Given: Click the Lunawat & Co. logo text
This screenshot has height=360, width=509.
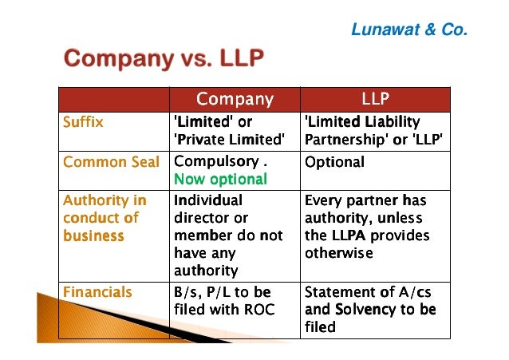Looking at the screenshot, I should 409,30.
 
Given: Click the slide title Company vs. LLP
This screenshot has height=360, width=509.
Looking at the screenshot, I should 164,59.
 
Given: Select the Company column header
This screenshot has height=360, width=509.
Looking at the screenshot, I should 235,100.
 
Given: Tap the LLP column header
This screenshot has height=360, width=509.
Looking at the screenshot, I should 375,100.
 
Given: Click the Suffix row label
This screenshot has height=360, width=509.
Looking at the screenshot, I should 84,123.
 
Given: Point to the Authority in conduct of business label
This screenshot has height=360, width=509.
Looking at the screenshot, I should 105,218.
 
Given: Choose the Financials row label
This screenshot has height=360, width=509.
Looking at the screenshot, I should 97,292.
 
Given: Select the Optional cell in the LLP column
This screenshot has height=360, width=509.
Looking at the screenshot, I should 334,162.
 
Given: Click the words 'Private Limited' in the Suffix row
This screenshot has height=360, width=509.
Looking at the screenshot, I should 229,140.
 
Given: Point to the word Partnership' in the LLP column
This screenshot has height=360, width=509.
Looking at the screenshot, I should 344,140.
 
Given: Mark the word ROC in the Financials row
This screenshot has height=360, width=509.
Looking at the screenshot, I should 259,310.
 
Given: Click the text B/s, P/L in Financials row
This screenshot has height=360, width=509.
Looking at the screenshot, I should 201,292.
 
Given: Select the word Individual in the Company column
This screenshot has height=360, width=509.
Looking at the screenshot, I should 208,200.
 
